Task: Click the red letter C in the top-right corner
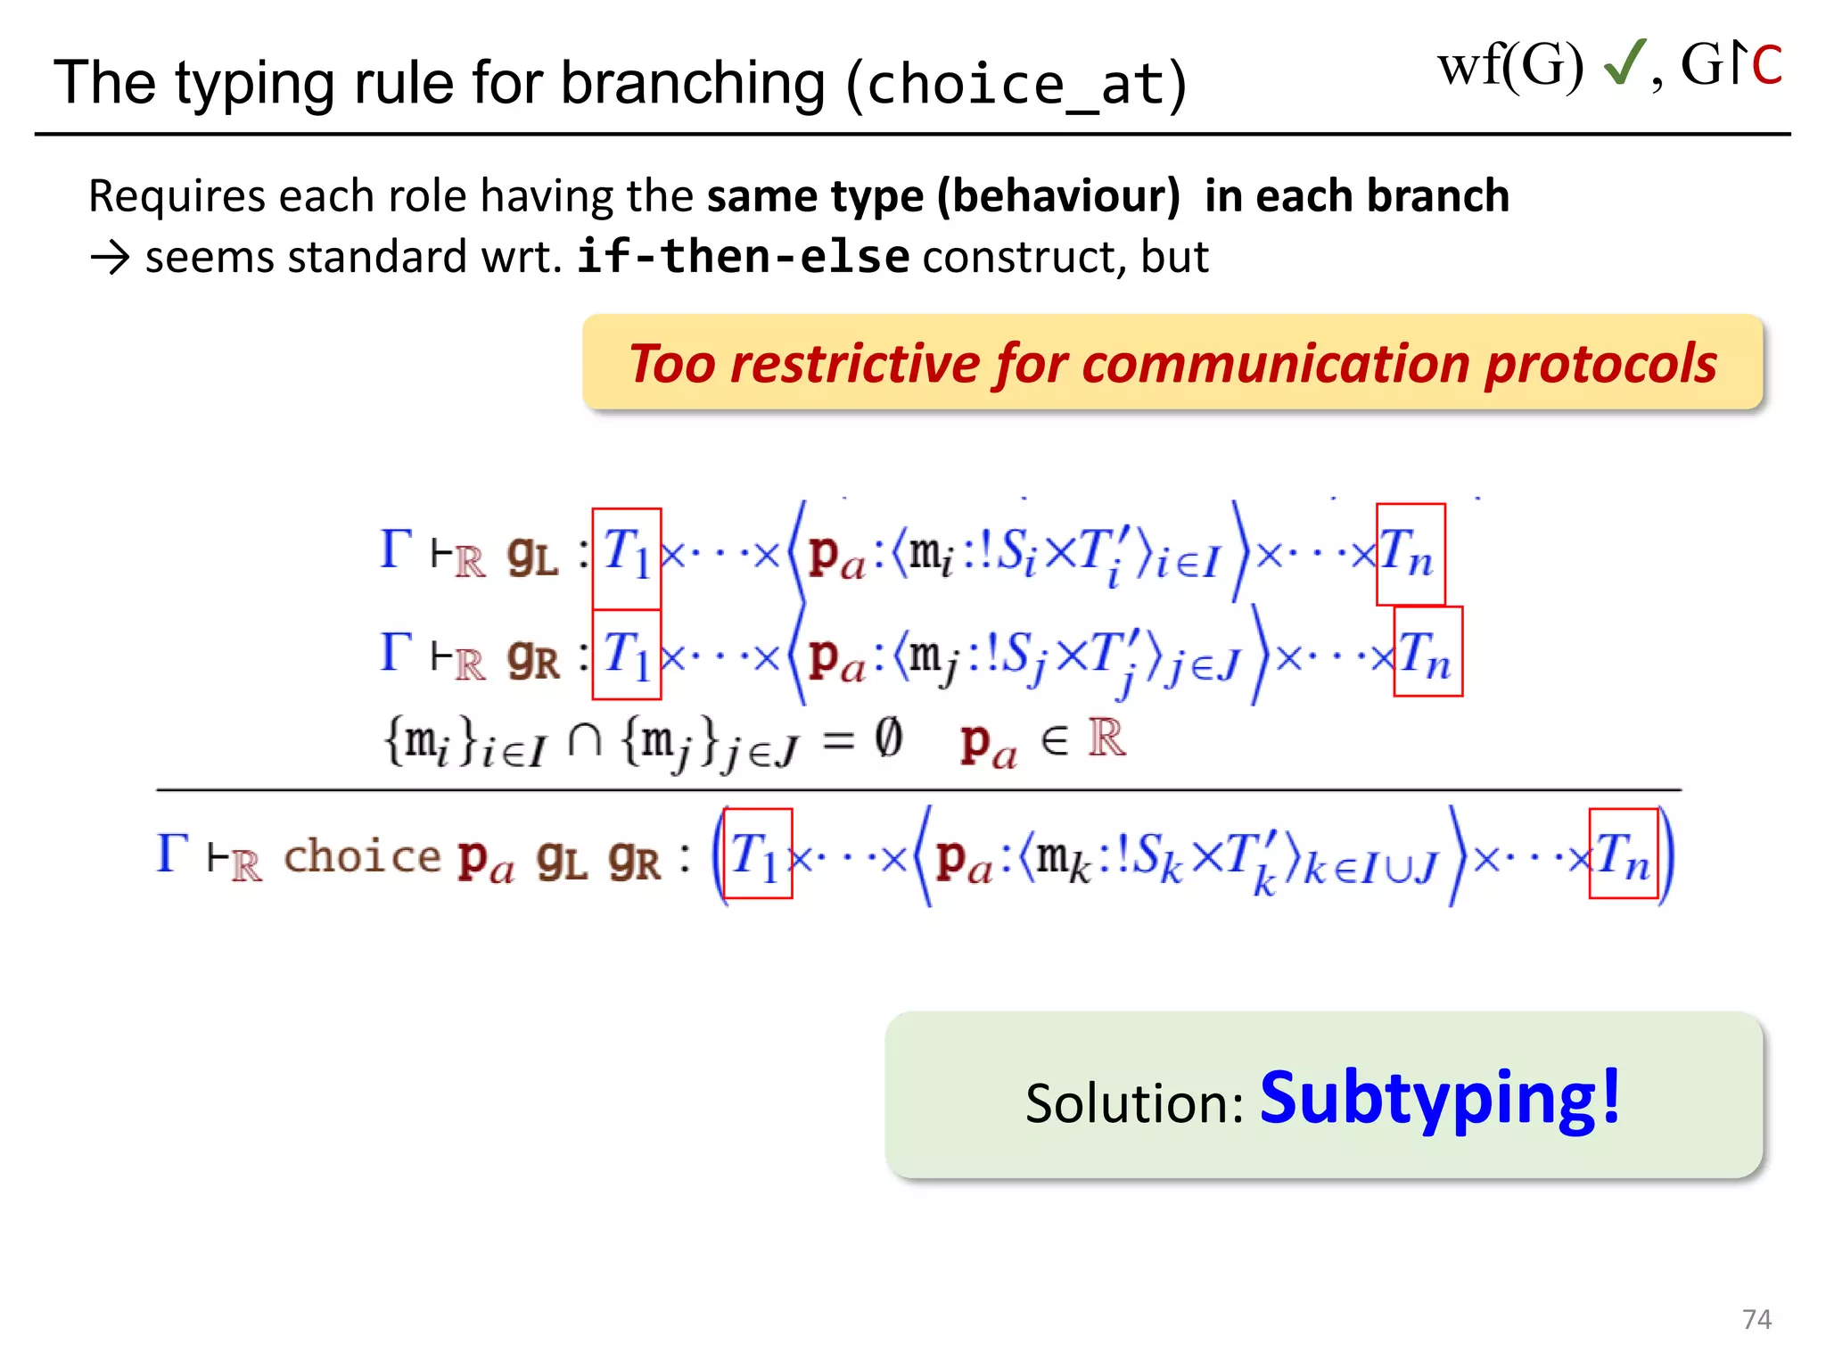click(1766, 66)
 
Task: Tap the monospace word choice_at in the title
click(1016, 85)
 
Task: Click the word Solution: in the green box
click(1134, 1104)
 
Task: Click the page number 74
click(1756, 1319)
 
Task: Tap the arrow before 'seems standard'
click(111, 259)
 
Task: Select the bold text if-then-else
click(743, 257)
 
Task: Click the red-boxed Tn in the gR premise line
click(1427, 651)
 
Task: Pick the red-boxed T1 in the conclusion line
click(757, 854)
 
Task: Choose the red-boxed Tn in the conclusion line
click(1623, 854)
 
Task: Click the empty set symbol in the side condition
click(888, 739)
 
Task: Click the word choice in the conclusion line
click(362, 856)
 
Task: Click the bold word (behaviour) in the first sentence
click(1058, 196)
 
